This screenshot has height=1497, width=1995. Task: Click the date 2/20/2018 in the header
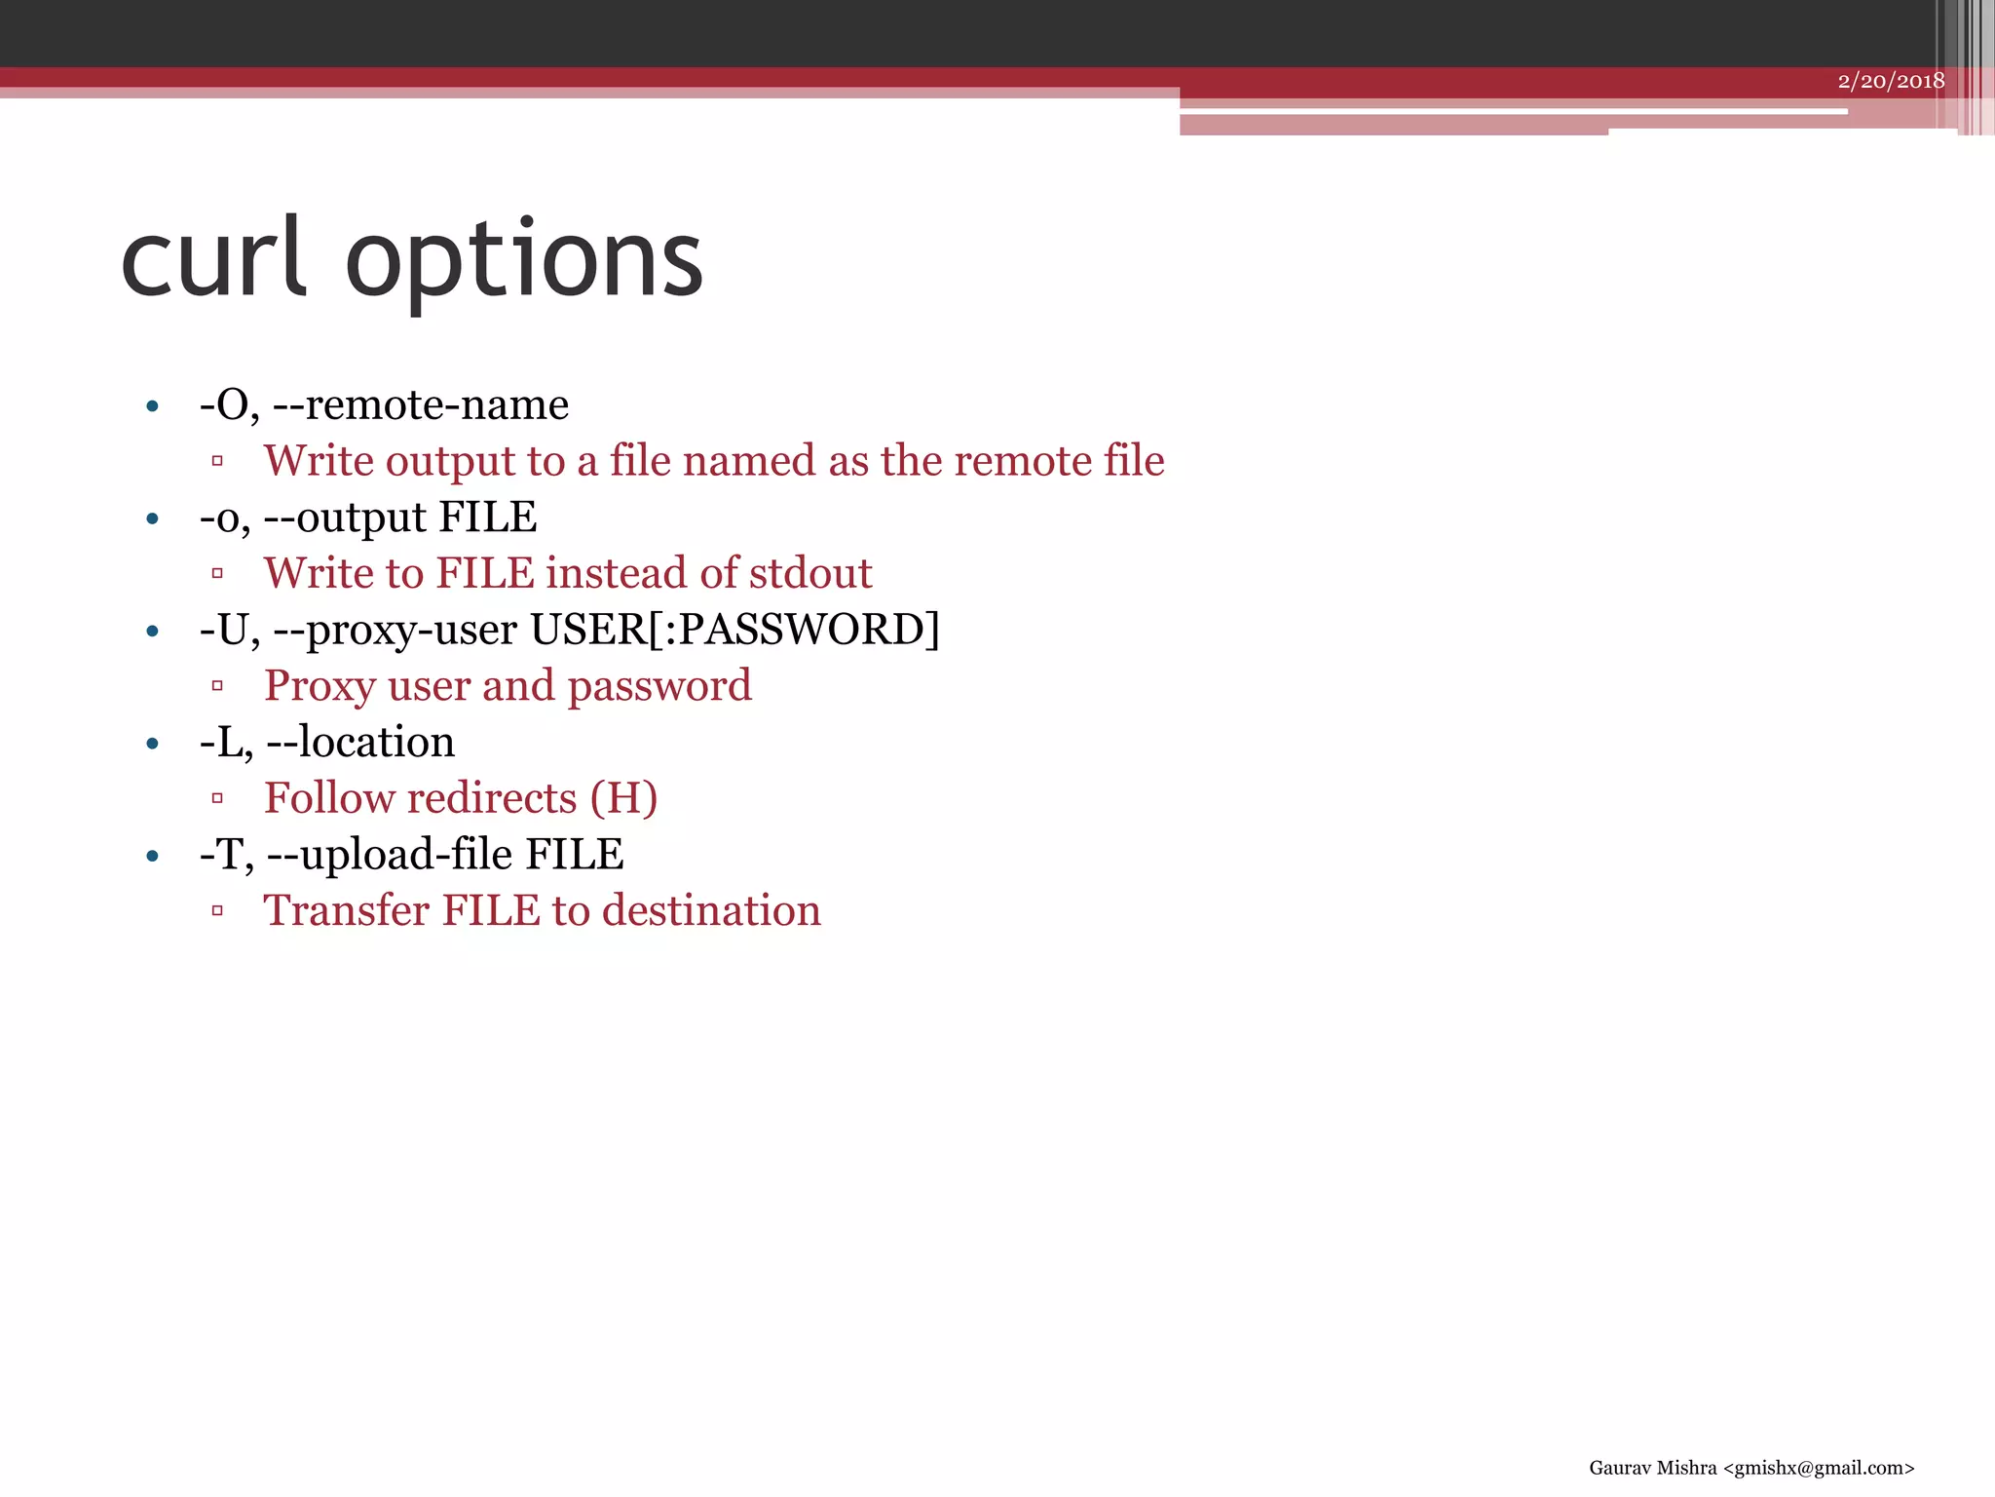coord(1891,81)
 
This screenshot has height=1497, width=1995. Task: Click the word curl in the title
coord(213,258)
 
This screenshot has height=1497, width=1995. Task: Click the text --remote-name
coord(421,404)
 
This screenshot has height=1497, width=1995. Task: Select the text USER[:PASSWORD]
coord(734,630)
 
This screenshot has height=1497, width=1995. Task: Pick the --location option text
coord(360,743)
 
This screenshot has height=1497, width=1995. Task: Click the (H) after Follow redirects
coord(623,798)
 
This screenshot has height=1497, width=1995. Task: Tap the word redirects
coord(484,798)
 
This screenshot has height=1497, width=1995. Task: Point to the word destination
coord(711,911)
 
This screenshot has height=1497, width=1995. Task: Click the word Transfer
coord(346,911)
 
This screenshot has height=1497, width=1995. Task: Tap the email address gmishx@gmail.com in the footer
coord(1819,1468)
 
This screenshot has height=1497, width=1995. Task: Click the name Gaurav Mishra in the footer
coord(1652,1468)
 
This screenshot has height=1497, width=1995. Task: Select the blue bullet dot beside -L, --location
coord(152,745)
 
